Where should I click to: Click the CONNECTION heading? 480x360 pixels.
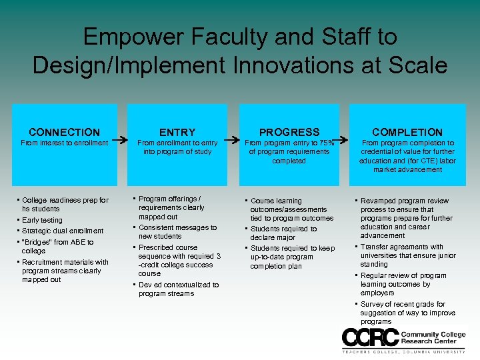click(x=65, y=132)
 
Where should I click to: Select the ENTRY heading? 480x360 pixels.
click(x=177, y=132)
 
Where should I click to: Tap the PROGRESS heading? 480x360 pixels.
click(x=289, y=132)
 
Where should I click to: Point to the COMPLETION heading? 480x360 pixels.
click(x=407, y=132)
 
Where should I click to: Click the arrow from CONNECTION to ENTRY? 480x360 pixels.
click(x=120, y=141)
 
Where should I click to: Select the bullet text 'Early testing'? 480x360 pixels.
click(x=42, y=220)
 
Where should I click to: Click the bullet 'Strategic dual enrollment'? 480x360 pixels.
click(x=63, y=231)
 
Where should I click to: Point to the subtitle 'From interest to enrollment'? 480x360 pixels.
click(x=65, y=143)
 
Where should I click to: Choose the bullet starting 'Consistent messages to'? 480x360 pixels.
click(x=177, y=232)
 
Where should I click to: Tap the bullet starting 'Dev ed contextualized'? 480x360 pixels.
click(x=178, y=289)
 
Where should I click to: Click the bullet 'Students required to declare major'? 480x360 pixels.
click(x=284, y=233)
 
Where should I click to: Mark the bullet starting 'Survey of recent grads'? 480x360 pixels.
click(x=407, y=313)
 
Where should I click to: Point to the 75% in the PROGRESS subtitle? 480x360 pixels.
click(x=325, y=143)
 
